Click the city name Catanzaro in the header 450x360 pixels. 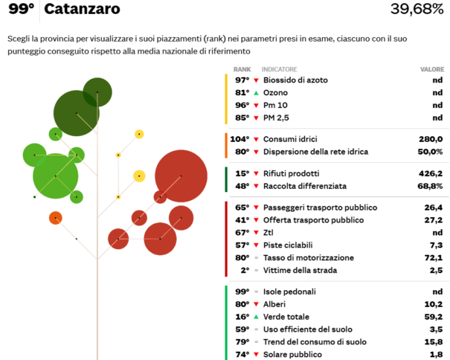[83, 10]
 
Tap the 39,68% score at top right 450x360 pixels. [417, 10]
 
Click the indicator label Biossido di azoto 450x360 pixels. [296, 80]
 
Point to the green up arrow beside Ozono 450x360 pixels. [256, 92]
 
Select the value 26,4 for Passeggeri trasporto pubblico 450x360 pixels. [434, 208]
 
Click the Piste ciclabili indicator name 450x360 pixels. [288, 245]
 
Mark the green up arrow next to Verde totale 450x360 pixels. [256, 316]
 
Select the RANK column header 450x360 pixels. [242, 68]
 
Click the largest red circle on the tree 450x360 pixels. [181, 176]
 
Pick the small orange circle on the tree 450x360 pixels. [55, 217]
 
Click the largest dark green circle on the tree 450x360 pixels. [77, 113]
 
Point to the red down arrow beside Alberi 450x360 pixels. [256, 303]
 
